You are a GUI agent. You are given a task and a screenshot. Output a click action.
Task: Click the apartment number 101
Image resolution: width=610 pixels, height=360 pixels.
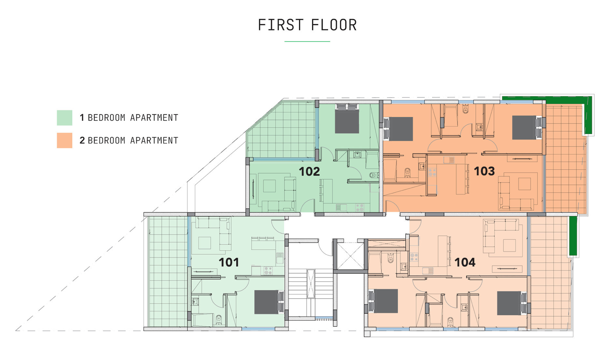point(229,262)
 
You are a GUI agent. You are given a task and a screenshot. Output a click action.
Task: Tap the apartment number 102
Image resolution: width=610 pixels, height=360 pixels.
point(309,172)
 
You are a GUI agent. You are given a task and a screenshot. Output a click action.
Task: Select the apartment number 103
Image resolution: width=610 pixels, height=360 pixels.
point(484,171)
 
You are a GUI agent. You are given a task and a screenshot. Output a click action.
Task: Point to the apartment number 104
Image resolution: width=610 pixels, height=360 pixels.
point(465,262)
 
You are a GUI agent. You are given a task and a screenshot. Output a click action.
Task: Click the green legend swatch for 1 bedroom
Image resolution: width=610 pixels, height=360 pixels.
point(64,118)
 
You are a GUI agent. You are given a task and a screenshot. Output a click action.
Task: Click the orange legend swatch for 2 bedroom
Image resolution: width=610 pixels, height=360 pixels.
point(64,140)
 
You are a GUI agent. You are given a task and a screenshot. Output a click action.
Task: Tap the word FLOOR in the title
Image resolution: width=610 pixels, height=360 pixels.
point(334,25)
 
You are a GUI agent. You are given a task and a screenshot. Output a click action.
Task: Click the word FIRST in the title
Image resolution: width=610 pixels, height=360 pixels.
point(280,25)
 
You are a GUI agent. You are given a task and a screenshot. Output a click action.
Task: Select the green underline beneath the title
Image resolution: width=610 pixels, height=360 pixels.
point(307,42)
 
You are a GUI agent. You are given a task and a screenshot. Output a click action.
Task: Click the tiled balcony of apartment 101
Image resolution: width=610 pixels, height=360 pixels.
point(168,272)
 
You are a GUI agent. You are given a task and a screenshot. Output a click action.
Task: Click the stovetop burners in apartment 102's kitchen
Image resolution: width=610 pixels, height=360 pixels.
point(359,208)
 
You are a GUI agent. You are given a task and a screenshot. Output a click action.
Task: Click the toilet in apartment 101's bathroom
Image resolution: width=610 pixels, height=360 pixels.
point(219,319)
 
